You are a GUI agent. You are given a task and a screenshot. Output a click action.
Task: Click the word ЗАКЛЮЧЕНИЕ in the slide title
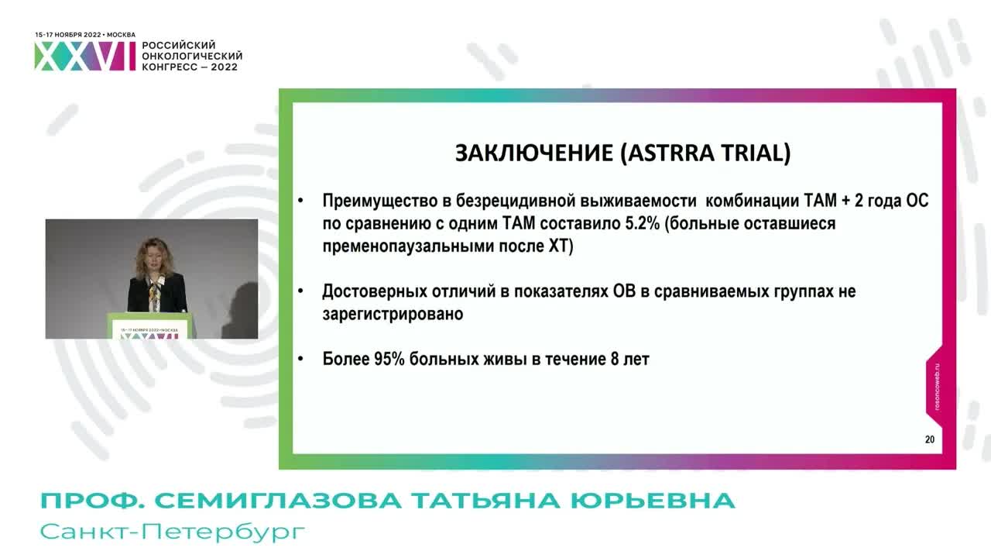pos(533,153)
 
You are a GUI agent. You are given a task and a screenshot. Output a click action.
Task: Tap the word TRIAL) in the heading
pos(757,153)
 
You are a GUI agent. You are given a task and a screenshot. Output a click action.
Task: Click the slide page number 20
pos(929,439)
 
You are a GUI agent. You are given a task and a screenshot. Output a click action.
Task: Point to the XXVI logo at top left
pos(84,57)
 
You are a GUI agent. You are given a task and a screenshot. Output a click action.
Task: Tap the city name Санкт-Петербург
pos(173,532)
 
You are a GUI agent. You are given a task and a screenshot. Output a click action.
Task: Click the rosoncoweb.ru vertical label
pos(937,387)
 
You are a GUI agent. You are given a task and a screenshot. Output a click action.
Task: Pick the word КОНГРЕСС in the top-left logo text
pos(172,67)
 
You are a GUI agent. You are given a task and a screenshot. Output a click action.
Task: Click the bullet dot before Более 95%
pos(301,360)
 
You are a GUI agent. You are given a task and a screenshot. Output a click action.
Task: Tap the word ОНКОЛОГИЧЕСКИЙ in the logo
pos(192,57)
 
